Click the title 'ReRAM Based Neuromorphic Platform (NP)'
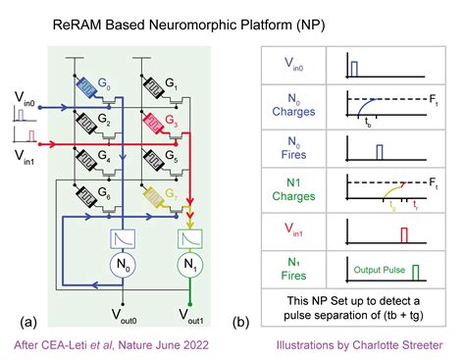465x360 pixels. tap(232, 19)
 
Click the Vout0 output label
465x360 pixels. tap(122, 315)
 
